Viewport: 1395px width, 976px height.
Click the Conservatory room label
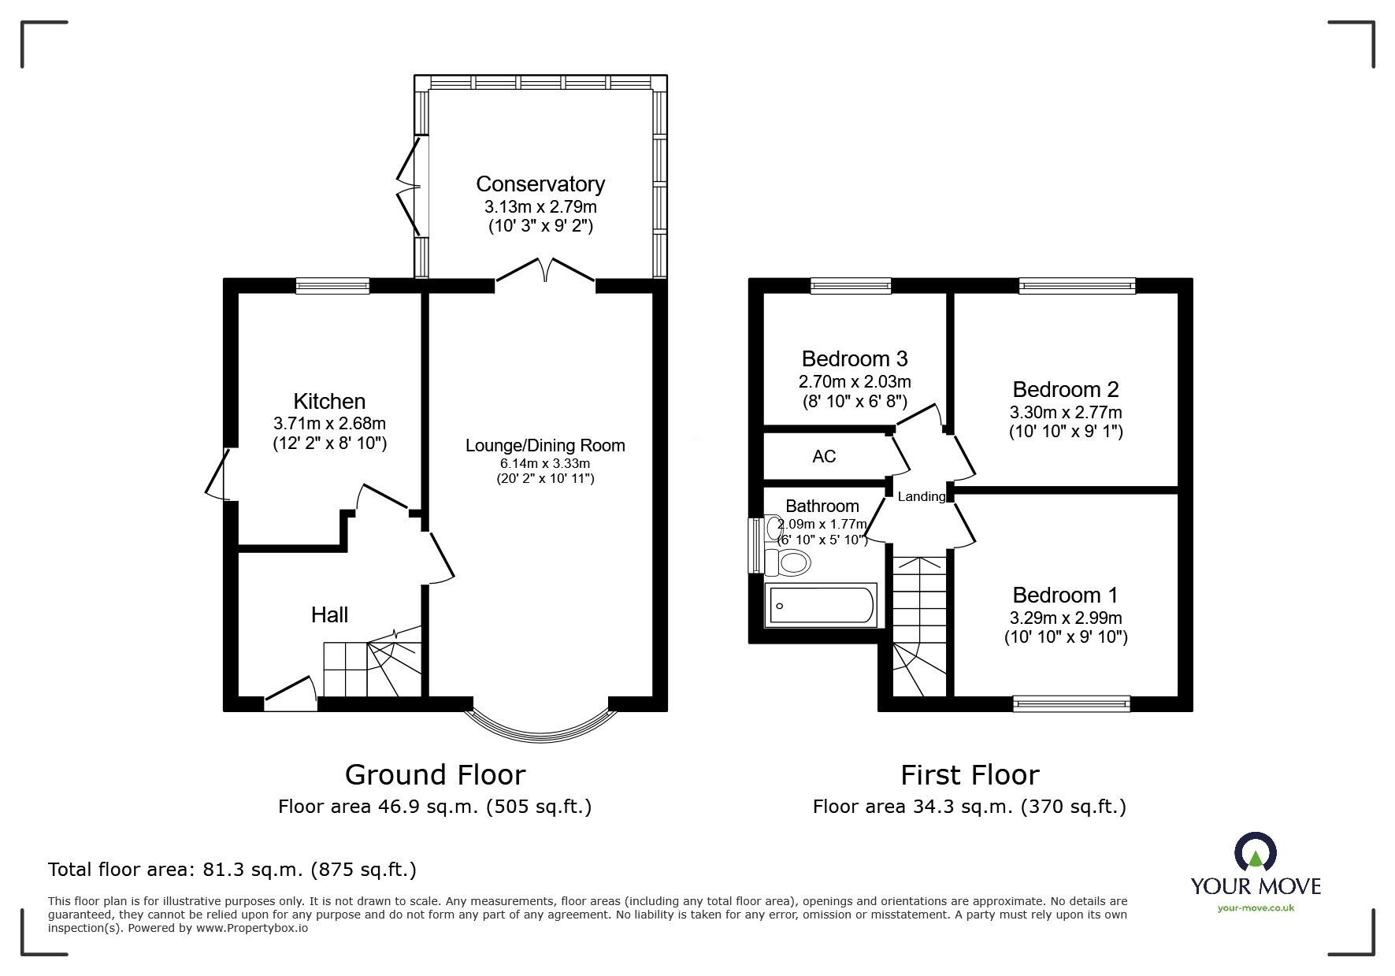pyautogui.click(x=540, y=184)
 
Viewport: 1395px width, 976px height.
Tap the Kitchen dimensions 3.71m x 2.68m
pyautogui.click(x=329, y=424)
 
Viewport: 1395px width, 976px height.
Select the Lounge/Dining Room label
pyautogui.click(x=545, y=446)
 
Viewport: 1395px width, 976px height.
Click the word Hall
pyautogui.click(x=329, y=615)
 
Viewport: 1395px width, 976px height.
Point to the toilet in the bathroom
pyautogui.click(x=790, y=562)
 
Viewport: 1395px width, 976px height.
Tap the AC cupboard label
pyautogui.click(x=824, y=457)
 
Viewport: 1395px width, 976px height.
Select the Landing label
pyautogui.click(x=922, y=496)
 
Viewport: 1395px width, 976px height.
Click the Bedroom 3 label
pyautogui.click(x=855, y=359)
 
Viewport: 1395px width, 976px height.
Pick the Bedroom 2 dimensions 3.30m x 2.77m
pyautogui.click(x=1066, y=412)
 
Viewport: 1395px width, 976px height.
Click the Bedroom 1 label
pyautogui.click(x=1065, y=596)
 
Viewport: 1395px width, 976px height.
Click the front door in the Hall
pyautogui.click(x=291, y=694)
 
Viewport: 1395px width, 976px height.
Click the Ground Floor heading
pyautogui.click(x=435, y=775)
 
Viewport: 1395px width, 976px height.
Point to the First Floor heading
pyautogui.click(x=970, y=775)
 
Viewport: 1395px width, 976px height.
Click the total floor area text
pyautogui.click(x=232, y=870)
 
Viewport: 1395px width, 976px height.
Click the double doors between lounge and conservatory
pyautogui.click(x=545, y=273)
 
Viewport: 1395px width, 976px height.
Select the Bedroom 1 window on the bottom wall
pyautogui.click(x=1071, y=704)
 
